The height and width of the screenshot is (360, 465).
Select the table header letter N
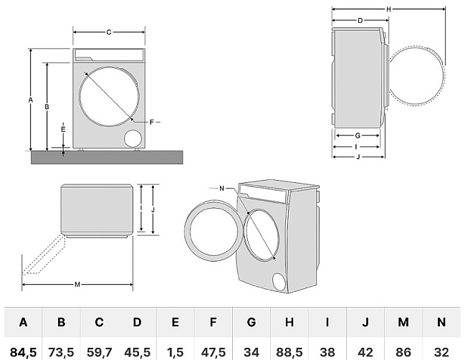(441, 323)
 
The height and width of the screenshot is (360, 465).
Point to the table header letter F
(213, 323)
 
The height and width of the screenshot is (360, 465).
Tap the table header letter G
(251, 323)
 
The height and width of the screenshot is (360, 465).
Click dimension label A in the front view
(31, 100)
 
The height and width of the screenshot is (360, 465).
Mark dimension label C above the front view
(109, 32)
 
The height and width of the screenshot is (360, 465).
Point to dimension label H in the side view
(388, 9)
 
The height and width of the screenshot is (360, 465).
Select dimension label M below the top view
(77, 285)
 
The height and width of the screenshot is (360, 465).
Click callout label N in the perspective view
(222, 188)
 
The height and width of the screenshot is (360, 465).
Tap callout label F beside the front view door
(152, 123)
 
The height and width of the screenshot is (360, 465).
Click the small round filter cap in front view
(133, 138)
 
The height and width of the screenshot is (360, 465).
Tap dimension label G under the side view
(357, 136)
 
